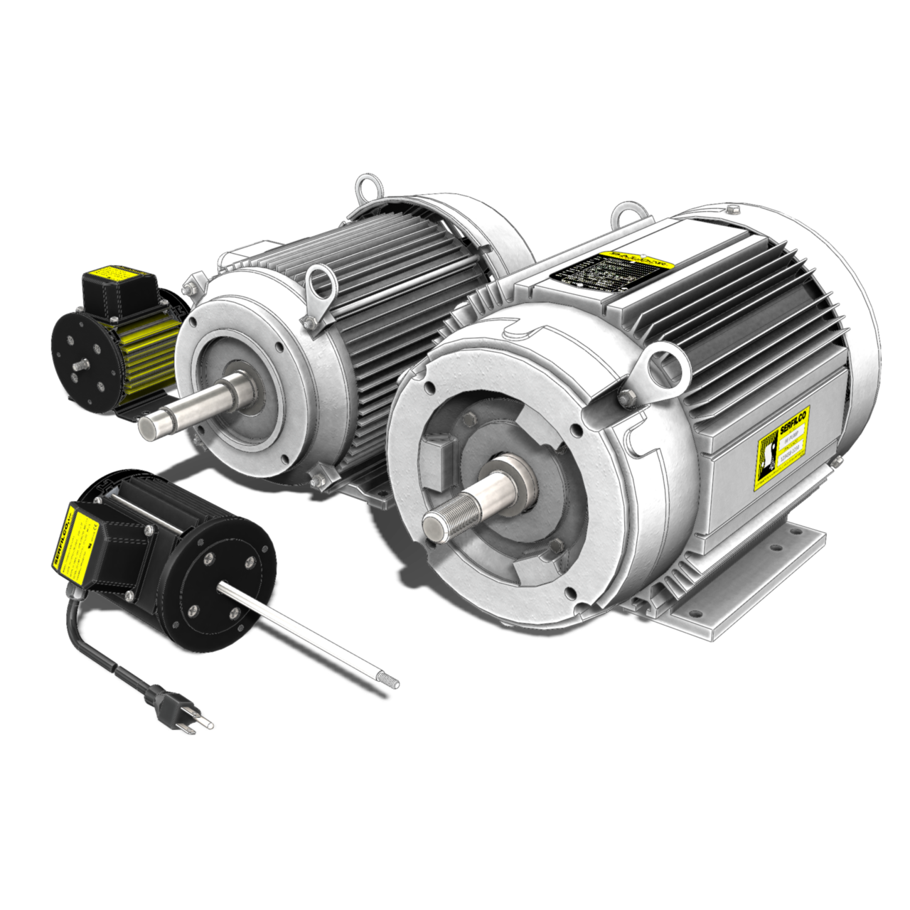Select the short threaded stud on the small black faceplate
point(77,363)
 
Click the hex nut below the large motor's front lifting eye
point(626,397)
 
